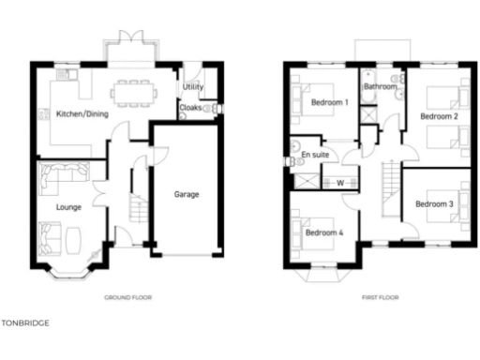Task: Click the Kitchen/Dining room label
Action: click(82, 114)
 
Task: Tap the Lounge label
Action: click(68, 206)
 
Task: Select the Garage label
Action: click(186, 195)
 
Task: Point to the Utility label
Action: click(193, 87)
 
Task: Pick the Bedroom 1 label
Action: click(329, 101)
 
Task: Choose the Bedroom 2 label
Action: click(438, 116)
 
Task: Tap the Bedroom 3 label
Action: click(434, 203)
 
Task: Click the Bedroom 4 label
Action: click(323, 232)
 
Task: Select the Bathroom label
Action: click(381, 86)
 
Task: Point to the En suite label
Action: click(313, 154)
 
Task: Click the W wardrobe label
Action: click(340, 182)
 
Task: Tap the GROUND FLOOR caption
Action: click(127, 297)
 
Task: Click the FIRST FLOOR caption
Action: click(381, 297)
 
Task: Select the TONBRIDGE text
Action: click(24, 322)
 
